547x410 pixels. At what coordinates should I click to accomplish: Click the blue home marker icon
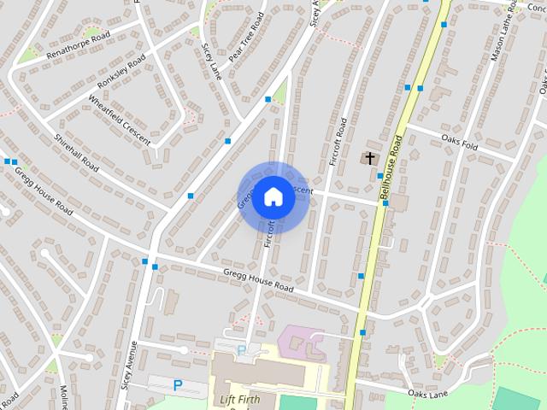point(273,197)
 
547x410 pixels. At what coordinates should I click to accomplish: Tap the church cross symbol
point(370,158)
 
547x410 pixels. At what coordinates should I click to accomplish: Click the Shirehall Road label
point(78,152)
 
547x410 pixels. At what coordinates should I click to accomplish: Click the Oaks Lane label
point(427,394)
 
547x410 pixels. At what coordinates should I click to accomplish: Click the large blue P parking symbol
point(178,385)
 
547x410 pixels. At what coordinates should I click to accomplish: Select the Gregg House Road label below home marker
point(258,281)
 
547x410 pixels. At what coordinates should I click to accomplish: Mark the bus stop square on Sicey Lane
point(227,141)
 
